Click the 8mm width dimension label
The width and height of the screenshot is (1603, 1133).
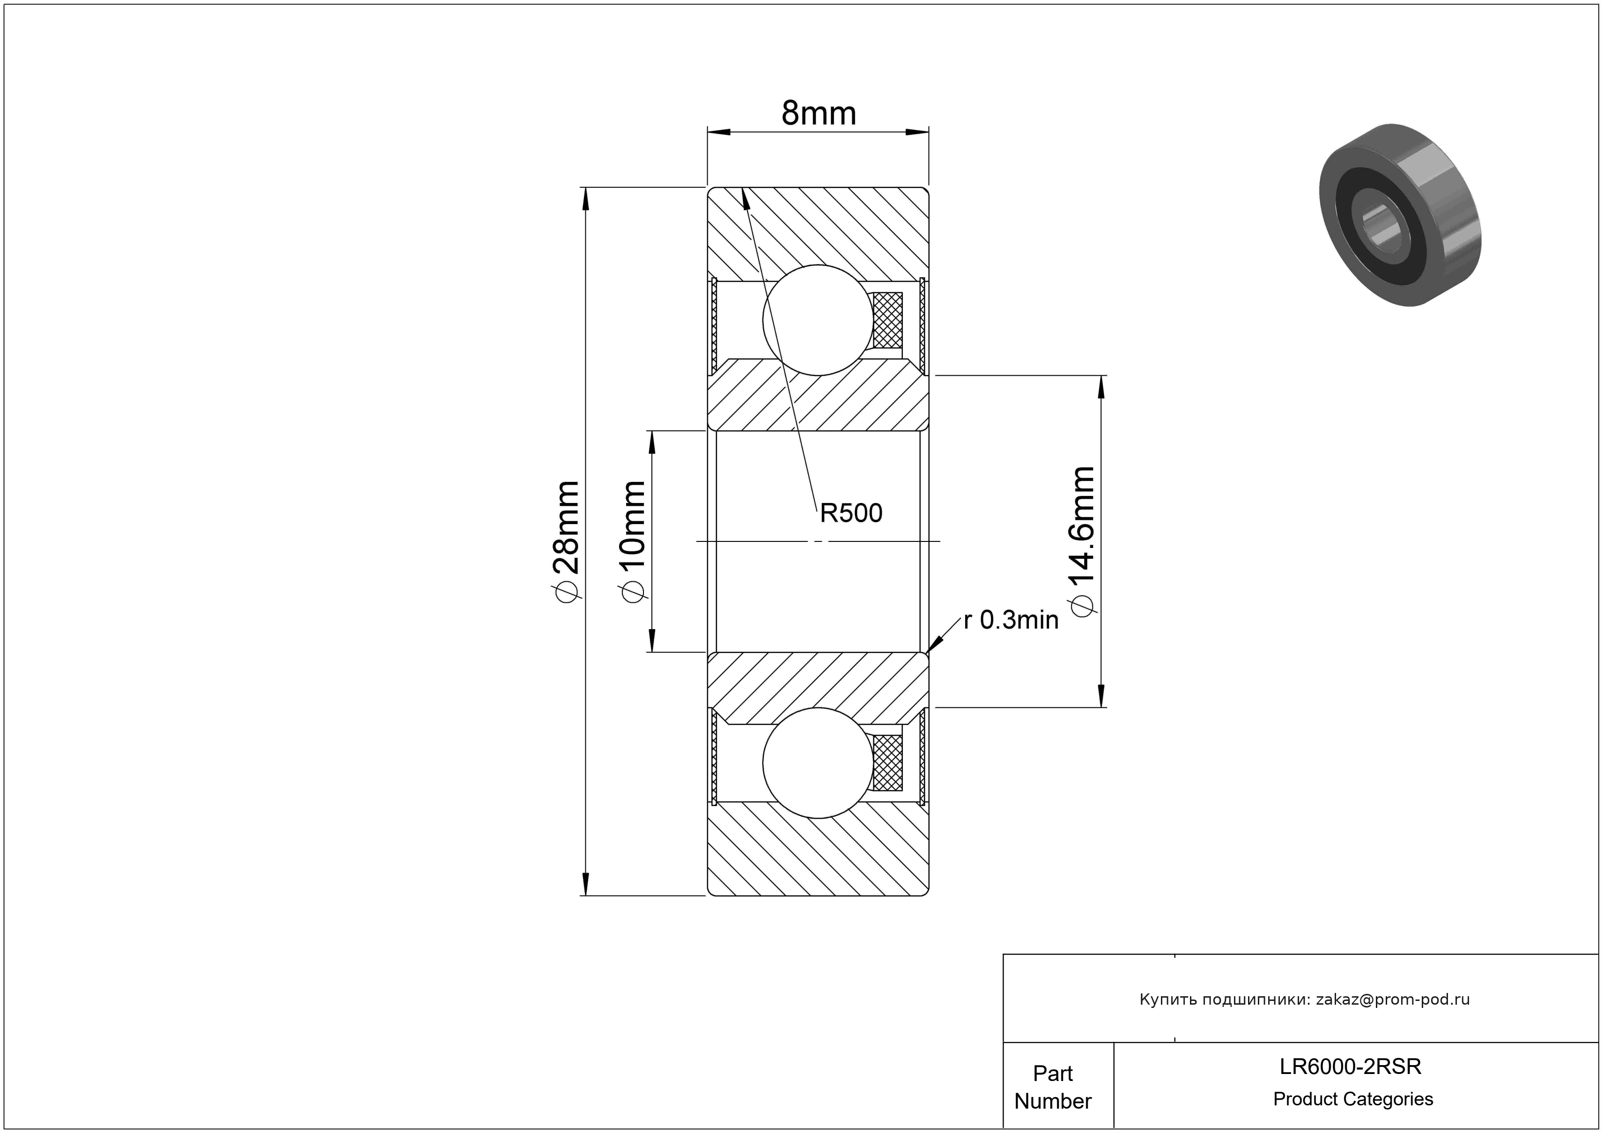[818, 113]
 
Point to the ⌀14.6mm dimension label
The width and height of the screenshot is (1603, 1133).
[1081, 542]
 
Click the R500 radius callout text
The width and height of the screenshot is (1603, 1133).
[851, 513]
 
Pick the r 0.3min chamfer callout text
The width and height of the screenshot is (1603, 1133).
[1012, 620]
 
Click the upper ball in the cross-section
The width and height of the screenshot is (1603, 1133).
[818, 320]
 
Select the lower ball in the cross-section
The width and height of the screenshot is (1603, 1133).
[818, 763]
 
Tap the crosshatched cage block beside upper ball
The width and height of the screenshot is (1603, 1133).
[888, 320]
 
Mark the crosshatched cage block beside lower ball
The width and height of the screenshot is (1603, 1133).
[888, 763]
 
